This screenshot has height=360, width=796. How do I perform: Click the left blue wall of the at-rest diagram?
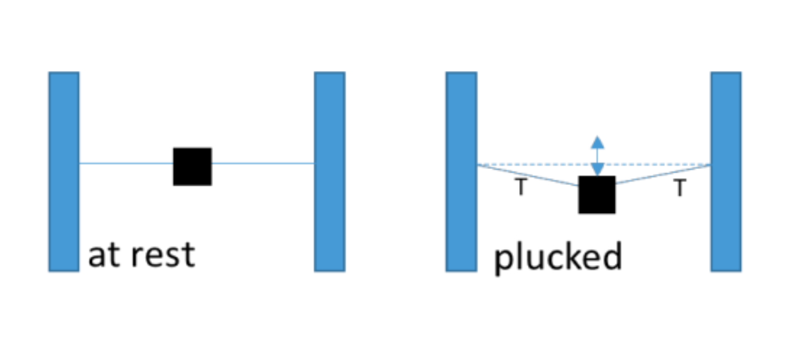click(64, 171)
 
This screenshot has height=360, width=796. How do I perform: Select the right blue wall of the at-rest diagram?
click(329, 171)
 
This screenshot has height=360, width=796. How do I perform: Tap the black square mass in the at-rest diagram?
click(192, 166)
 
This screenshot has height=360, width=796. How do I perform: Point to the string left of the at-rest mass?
click(126, 163)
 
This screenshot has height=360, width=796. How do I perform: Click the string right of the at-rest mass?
click(263, 163)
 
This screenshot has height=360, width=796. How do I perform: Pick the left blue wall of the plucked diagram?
click(461, 171)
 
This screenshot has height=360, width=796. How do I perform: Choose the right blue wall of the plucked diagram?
click(726, 171)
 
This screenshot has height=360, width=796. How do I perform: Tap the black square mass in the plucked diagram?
click(597, 195)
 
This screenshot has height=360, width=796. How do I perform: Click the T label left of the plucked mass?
click(520, 187)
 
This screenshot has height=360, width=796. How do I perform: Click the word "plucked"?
click(557, 257)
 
